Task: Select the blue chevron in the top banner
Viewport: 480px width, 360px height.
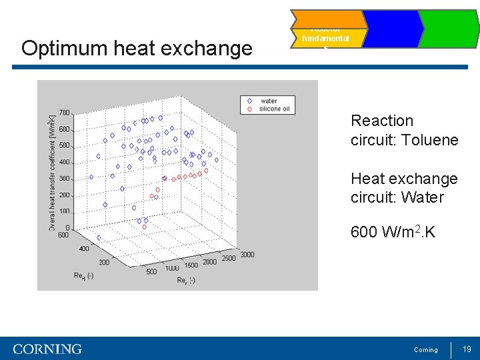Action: coord(391,29)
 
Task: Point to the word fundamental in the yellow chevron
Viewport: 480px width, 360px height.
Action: coord(325,39)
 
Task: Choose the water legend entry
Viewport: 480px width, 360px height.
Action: coord(268,101)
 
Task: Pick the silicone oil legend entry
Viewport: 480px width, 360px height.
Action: coord(274,109)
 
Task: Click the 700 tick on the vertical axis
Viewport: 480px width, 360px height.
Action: coord(64,113)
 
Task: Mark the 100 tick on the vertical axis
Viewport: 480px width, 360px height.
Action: coord(64,211)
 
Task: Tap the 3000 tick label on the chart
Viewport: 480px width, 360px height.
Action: coord(247,255)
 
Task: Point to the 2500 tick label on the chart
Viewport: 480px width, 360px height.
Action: coord(229,259)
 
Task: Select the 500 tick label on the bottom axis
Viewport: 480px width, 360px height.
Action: coord(151,271)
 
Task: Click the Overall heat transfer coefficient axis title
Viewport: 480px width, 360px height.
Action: coord(53,173)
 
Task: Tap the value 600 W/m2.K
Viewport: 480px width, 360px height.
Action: coord(393,233)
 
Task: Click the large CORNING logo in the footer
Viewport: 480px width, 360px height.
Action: coord(47,349)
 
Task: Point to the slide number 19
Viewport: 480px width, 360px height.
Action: coord(467,349)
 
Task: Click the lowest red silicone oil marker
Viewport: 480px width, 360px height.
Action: coord(145,227)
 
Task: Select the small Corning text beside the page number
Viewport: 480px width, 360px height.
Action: coord(426,350)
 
